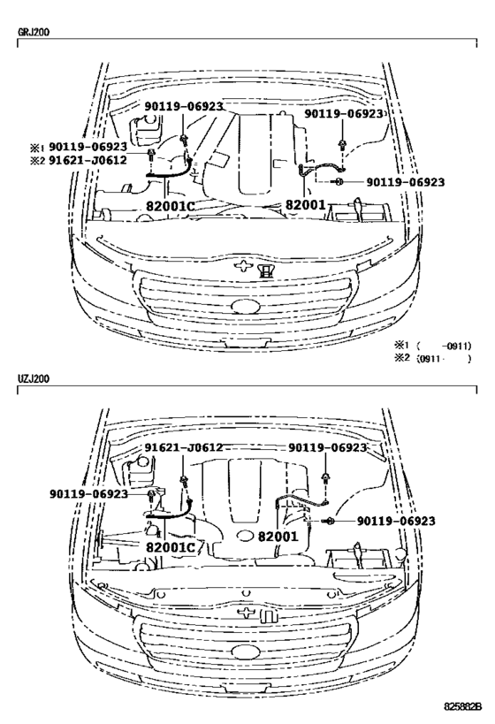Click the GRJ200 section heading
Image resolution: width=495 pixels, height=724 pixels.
point(34,33)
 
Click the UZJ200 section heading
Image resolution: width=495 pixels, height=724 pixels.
point(34,378)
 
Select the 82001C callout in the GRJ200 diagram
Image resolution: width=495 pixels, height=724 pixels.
point(170,206)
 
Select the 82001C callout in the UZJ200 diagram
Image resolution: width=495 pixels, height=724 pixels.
point(170,547)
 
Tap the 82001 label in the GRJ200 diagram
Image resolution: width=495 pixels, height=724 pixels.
point(306,204)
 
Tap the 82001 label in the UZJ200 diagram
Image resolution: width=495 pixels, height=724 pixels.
point(278,537)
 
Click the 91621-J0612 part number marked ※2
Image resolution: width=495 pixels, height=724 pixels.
point(88,160)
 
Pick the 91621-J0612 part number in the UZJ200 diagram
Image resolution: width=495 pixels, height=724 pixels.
point(184,447)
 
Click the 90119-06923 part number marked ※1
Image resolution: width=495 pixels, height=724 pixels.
point(88,147)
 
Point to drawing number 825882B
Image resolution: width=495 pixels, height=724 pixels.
point(462,707)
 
